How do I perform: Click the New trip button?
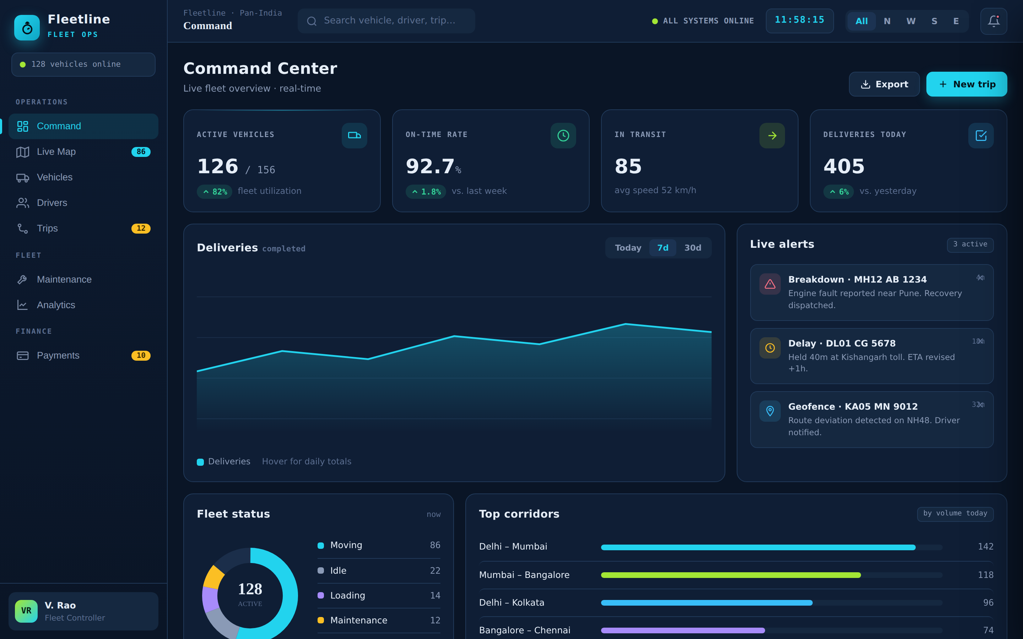(967, 84)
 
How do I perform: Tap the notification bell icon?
(994, 21)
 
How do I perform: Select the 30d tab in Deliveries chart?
(692, 248)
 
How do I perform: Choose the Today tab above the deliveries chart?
(628, 248)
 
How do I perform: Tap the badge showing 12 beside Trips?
(141, 228)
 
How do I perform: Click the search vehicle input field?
(386, 21)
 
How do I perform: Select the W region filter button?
(910, 21)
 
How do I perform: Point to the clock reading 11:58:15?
(799, 20)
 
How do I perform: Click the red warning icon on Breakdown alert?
(770, 284)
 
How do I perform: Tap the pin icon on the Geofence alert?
(770, 411)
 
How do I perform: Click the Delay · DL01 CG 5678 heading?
(841, 343)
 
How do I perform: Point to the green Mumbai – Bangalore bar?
(730, 575)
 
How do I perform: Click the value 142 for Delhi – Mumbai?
(985, 546)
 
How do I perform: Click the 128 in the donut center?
(250, 589)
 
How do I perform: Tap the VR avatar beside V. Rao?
(26, 611)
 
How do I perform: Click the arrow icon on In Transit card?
(772, 136)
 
